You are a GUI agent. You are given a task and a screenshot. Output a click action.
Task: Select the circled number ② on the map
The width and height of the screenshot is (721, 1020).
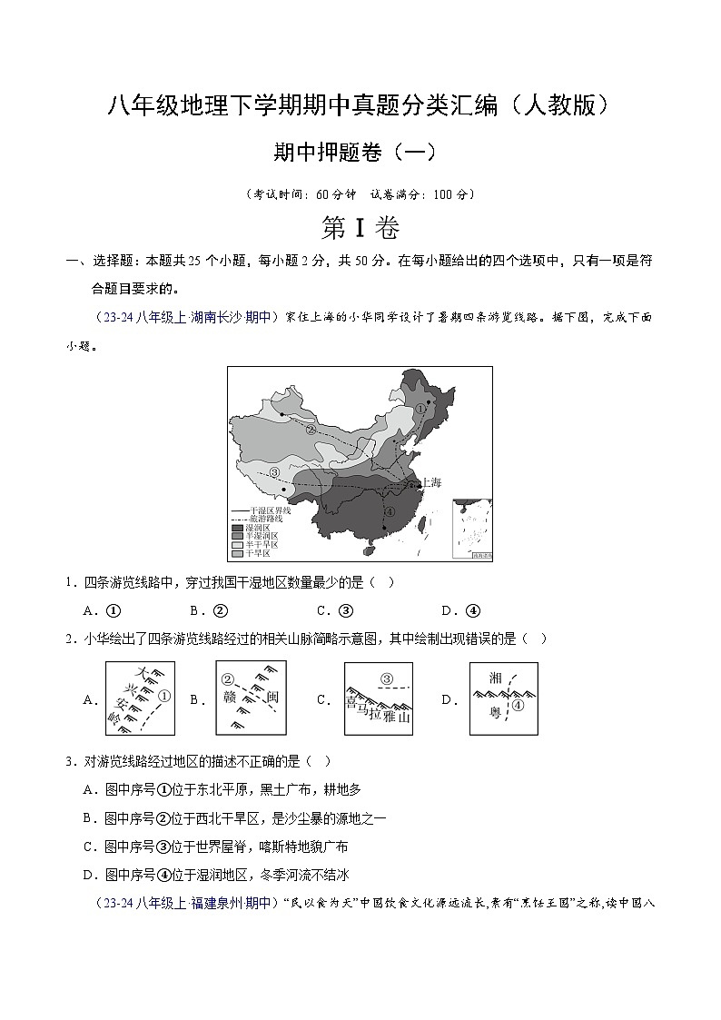coord(311,430)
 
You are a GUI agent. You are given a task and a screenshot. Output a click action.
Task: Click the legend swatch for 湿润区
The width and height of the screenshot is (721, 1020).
coord(237,528)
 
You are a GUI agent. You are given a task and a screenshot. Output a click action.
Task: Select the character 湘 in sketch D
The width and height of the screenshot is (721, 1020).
coord(495,678)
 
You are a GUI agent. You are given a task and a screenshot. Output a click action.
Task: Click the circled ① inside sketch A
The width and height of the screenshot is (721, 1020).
coord(163,697)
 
